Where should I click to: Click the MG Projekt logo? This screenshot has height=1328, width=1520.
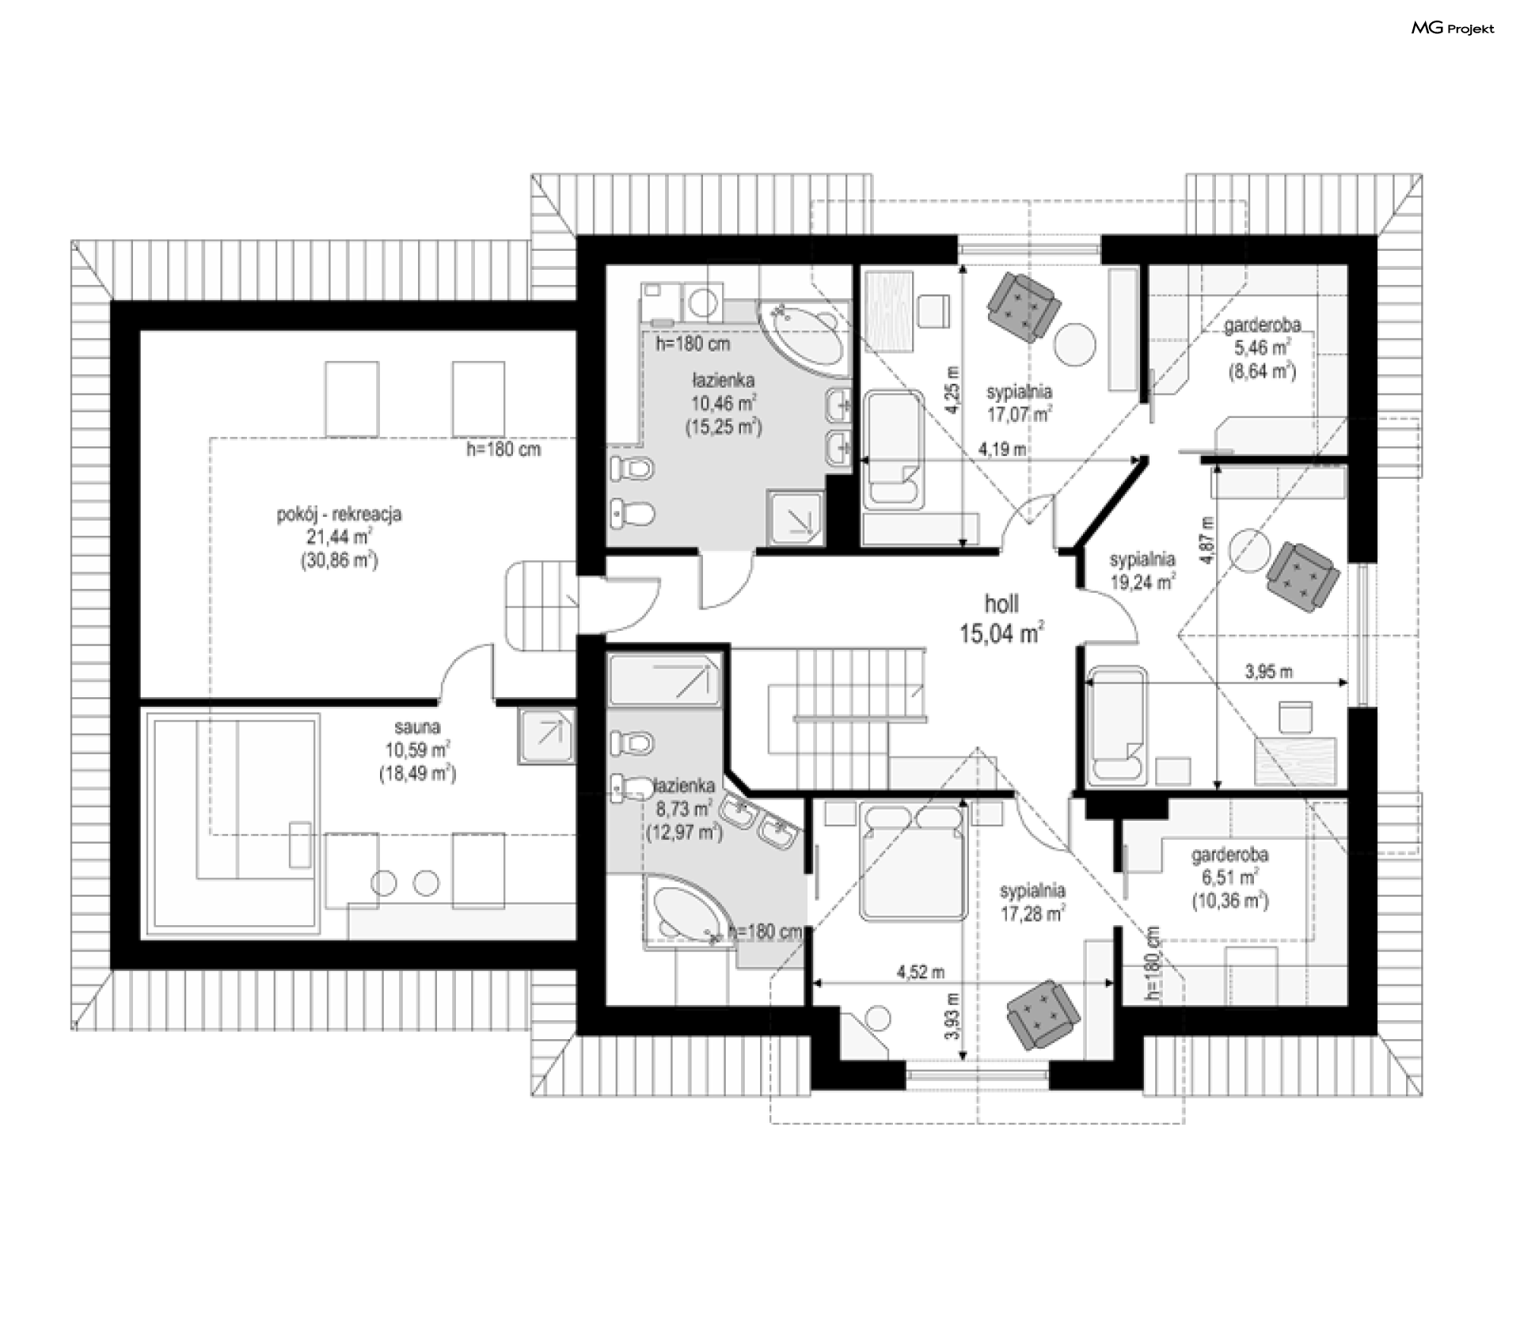[x=1453, y=28]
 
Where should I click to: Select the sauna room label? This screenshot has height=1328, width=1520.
[x=417, y=749]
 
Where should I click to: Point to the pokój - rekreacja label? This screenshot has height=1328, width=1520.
[x=339, y=537]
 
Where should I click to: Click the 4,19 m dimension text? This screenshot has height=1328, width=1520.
[x=1002, y=450]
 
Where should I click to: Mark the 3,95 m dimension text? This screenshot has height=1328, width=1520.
[x=1269, y=672]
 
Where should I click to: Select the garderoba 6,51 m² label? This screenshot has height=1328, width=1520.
[x=1230, y=878]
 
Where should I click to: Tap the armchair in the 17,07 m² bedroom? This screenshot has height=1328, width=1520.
[x=1023, y=305]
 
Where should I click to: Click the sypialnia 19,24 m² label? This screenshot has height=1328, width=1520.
[x=1142, y=571]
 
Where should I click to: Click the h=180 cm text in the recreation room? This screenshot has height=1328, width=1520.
[x=503, y=450]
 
